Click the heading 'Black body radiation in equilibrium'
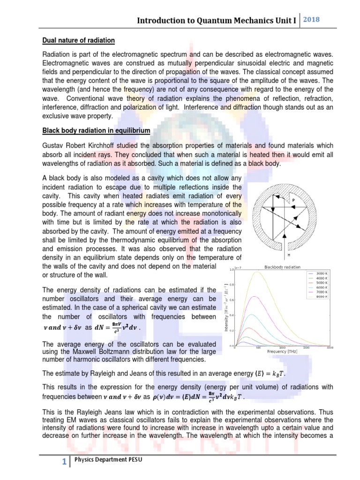pos(96,129)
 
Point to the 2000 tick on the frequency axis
pos(330,348)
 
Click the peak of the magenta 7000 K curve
pos(254,296)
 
